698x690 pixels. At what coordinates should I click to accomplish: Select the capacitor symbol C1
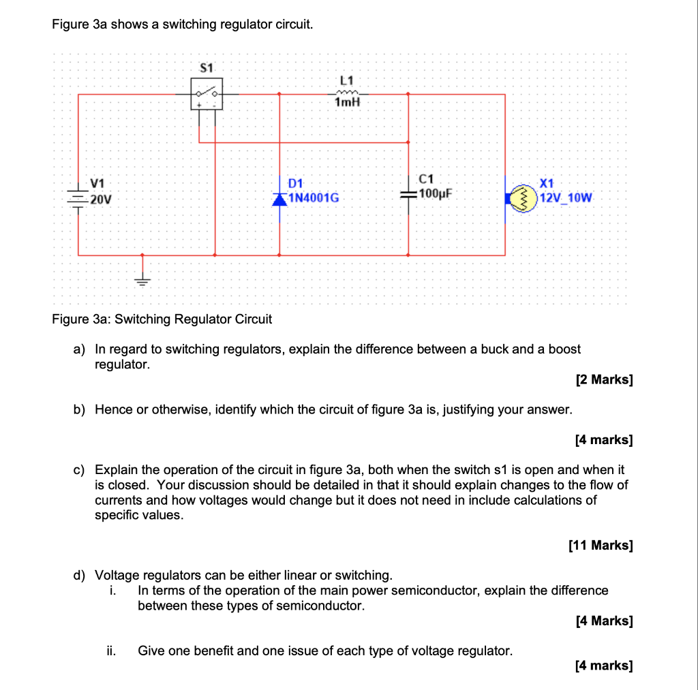point(408,194)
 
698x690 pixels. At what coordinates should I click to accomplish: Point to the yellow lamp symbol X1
point(526,198)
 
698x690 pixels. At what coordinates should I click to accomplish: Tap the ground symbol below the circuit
point(142,278)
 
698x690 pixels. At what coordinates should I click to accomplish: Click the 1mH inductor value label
point(347,103)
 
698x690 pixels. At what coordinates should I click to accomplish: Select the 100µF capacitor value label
point(437,193)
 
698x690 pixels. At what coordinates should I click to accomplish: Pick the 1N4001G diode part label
point(314,198)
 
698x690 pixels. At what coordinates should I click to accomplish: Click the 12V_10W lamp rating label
point(566,198)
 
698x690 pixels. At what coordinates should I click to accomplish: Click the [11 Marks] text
point(600,545)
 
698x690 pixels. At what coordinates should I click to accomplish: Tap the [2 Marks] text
point(604,379)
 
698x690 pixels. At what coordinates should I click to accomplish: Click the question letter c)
point(80,470)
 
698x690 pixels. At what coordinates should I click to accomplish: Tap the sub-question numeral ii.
point(111,650)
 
